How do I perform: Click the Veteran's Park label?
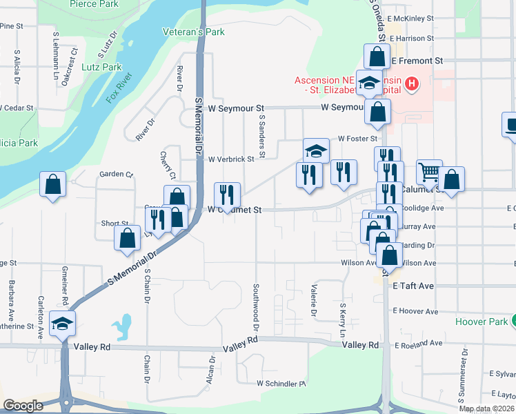[194, 32]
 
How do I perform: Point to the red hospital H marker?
[411, 84]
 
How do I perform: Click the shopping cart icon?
[429, 172]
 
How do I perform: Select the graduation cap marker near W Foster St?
[316, 150]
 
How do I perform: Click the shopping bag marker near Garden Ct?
[53, 184]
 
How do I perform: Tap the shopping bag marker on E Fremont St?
[377, 56]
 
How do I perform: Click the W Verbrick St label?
[231, 159]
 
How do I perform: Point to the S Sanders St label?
[263, 131]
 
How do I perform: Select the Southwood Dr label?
[255, 304]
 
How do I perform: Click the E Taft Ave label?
[413, 285]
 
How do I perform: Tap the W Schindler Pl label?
[281, 383]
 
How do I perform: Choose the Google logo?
[23, 406]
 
